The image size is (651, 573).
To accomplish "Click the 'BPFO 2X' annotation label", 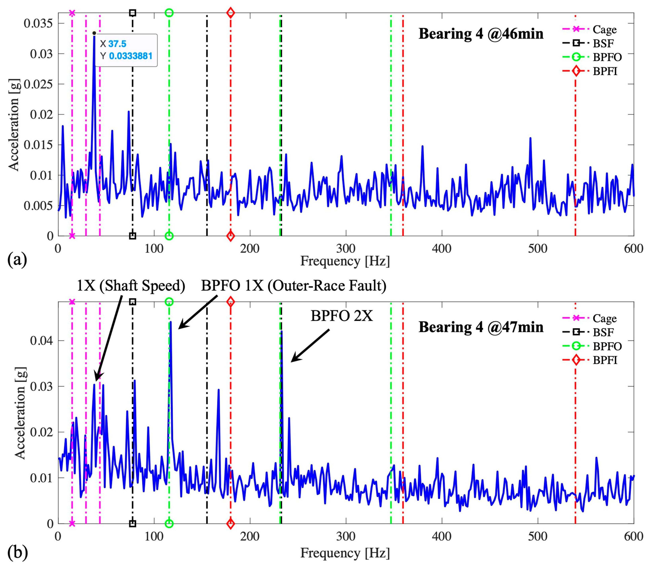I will pyautogui.click(x=342, y=316).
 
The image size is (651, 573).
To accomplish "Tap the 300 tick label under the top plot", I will pyautogui.click(x=346, y=248).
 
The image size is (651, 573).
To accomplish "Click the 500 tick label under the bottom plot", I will pyautogui.click(x=538, y=536).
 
